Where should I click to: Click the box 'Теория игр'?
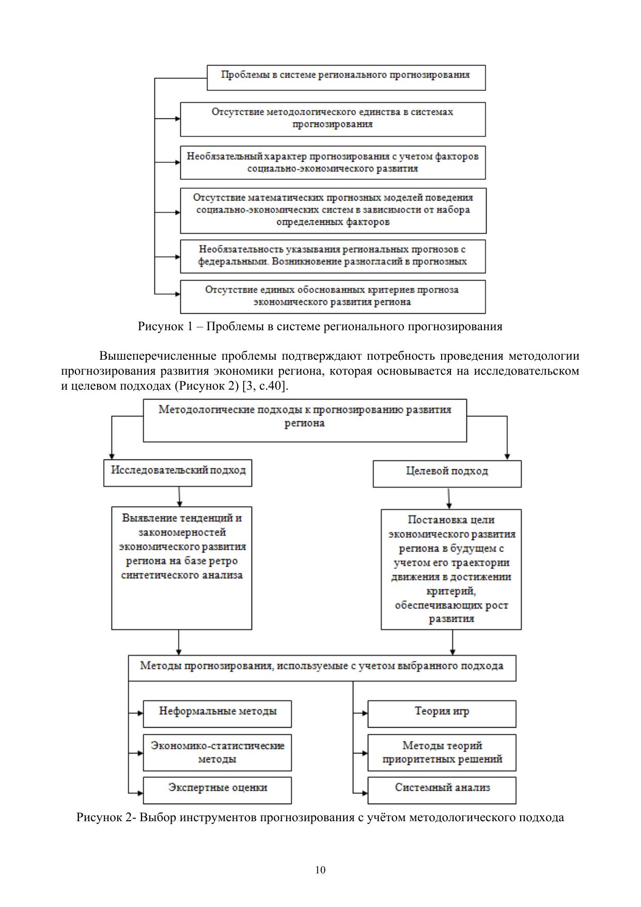pyautogui.click(x=442, y=713)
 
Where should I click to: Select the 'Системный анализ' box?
pyautogui.click(x=442, y=790)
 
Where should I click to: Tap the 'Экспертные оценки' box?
pyautogui.click(x=217, y=790)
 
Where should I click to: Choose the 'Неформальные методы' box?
pyautogui.click(x=217, y=713)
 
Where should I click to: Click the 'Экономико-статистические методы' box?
pyautogui.click(x=217, y=752)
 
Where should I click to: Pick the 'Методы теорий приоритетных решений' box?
pyautogui.click(x=442, y=752)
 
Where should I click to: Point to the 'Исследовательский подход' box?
pyautogui.click(x=178, y=472)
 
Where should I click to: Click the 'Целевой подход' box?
pyautogui.click(x=447, y=473)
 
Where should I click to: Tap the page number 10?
pyautogui.click(x=320, y=870)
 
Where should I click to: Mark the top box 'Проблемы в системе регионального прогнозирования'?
pyautogui.click(x=346, y=77)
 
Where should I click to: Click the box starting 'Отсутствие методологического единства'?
pyautogui.click(x=333, y=119)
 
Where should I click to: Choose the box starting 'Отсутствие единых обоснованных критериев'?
pyautogui.click(x=333, y=296)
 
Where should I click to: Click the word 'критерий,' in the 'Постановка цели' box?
pyautogui.click(x=451, y=591)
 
